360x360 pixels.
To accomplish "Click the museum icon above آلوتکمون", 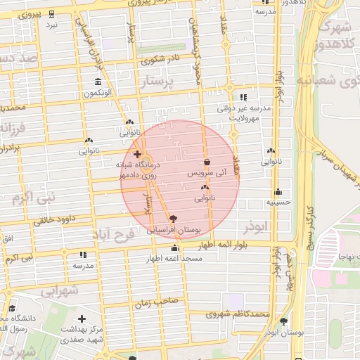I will tap(98, 82).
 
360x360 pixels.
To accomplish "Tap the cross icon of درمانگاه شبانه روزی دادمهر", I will tap(136, 153).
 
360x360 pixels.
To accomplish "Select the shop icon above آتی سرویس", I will tap(207, 162).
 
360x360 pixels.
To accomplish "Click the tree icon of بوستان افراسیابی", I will tap(173, 219).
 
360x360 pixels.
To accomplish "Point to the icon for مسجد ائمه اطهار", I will tap(174, 248).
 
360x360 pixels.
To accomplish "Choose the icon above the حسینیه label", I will tap(278, 191).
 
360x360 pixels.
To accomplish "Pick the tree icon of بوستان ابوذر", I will tap(283, 322).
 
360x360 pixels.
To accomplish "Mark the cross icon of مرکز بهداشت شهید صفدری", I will tap(82, 319).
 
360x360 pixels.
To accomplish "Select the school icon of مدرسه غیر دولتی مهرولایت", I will tap(243, 98).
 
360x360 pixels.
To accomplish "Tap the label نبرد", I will tap(52, 25).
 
